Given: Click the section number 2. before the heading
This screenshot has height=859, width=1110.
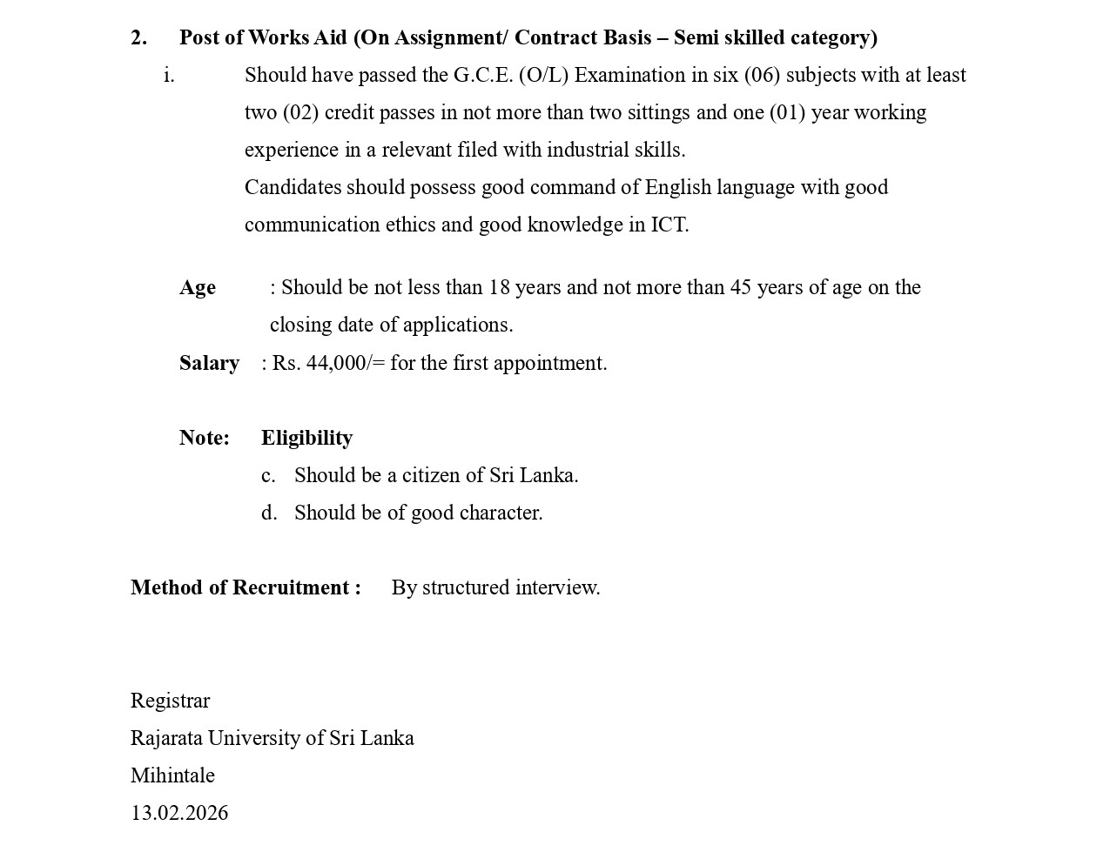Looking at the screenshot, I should (x=138, y=37).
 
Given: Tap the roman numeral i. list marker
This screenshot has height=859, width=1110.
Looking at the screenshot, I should (x=169, y=76).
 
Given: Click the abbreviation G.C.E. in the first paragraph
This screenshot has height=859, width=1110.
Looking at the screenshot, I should (x=483, y=75).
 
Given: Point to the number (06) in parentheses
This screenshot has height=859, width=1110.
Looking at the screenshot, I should (x=762, y=75).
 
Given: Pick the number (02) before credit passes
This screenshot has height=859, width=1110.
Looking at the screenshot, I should (x=300, y=112).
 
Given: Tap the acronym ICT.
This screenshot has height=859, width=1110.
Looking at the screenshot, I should (x=669, y=225).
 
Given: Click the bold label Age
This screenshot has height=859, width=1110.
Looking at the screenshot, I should (x=198, y=287).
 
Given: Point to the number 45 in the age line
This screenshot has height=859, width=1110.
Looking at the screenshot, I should (x=741, y=287).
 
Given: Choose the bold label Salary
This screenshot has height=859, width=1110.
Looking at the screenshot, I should (x=209, y=363).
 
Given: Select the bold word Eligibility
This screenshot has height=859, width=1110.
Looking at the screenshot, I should (x=306, y=438).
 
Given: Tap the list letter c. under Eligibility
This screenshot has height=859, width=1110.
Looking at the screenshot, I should (x=268, y=475).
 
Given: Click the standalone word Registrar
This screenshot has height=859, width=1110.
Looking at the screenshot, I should (x=170, y=701).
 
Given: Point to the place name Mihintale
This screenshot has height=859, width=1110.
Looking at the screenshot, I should (x=172, y=775).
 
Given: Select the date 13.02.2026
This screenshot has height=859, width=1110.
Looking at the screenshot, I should (x=179, y=813).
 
